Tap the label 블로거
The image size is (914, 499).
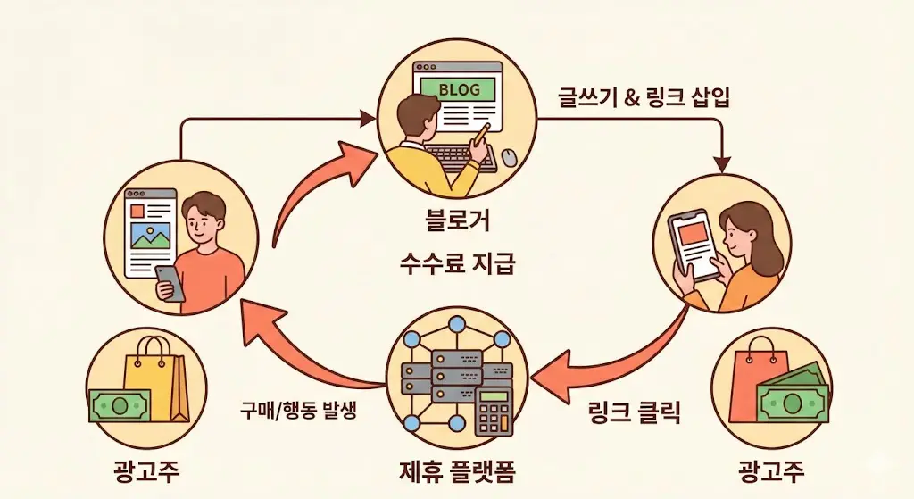pyautogui.click(x=458, y=221)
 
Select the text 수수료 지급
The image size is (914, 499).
pyautogui.click(x=457, y=263)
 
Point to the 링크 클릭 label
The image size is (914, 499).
pyautogui.click(x=635, y=412)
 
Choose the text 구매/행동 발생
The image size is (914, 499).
pyautogui.click(x=298, y=411)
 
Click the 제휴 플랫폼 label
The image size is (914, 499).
pyautogui.click(x=457, y=470)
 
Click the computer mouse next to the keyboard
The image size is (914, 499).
pyautogui.click(x=509, y=157)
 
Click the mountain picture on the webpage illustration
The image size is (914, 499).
pyautogui.click(x=150, y=235)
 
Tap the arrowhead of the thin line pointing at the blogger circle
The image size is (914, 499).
pyautogui.click(x=367, y=119)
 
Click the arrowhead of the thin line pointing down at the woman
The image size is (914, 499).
pyautogui.click(x=723, y=164)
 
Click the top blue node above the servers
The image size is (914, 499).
pyautogui.click(x=457, y=324)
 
